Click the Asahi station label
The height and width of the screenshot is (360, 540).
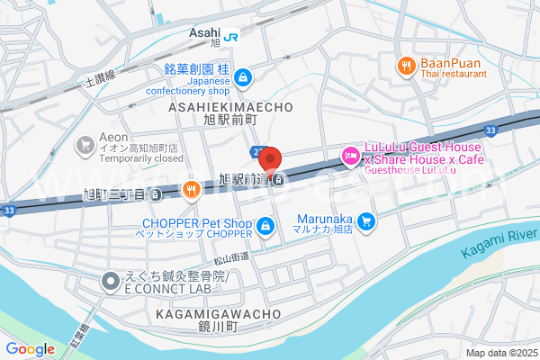point(204,32)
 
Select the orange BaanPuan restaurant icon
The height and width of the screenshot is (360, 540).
point(406,65)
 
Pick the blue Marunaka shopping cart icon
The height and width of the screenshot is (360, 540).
point(365,220)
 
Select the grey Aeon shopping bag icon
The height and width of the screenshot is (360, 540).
point(85,144)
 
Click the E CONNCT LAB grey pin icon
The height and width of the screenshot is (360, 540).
point(110,283)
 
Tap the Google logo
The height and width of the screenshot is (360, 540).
point(30,349)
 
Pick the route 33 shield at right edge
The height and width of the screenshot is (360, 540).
point(489,131)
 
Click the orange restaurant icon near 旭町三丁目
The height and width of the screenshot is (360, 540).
point(191,189)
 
